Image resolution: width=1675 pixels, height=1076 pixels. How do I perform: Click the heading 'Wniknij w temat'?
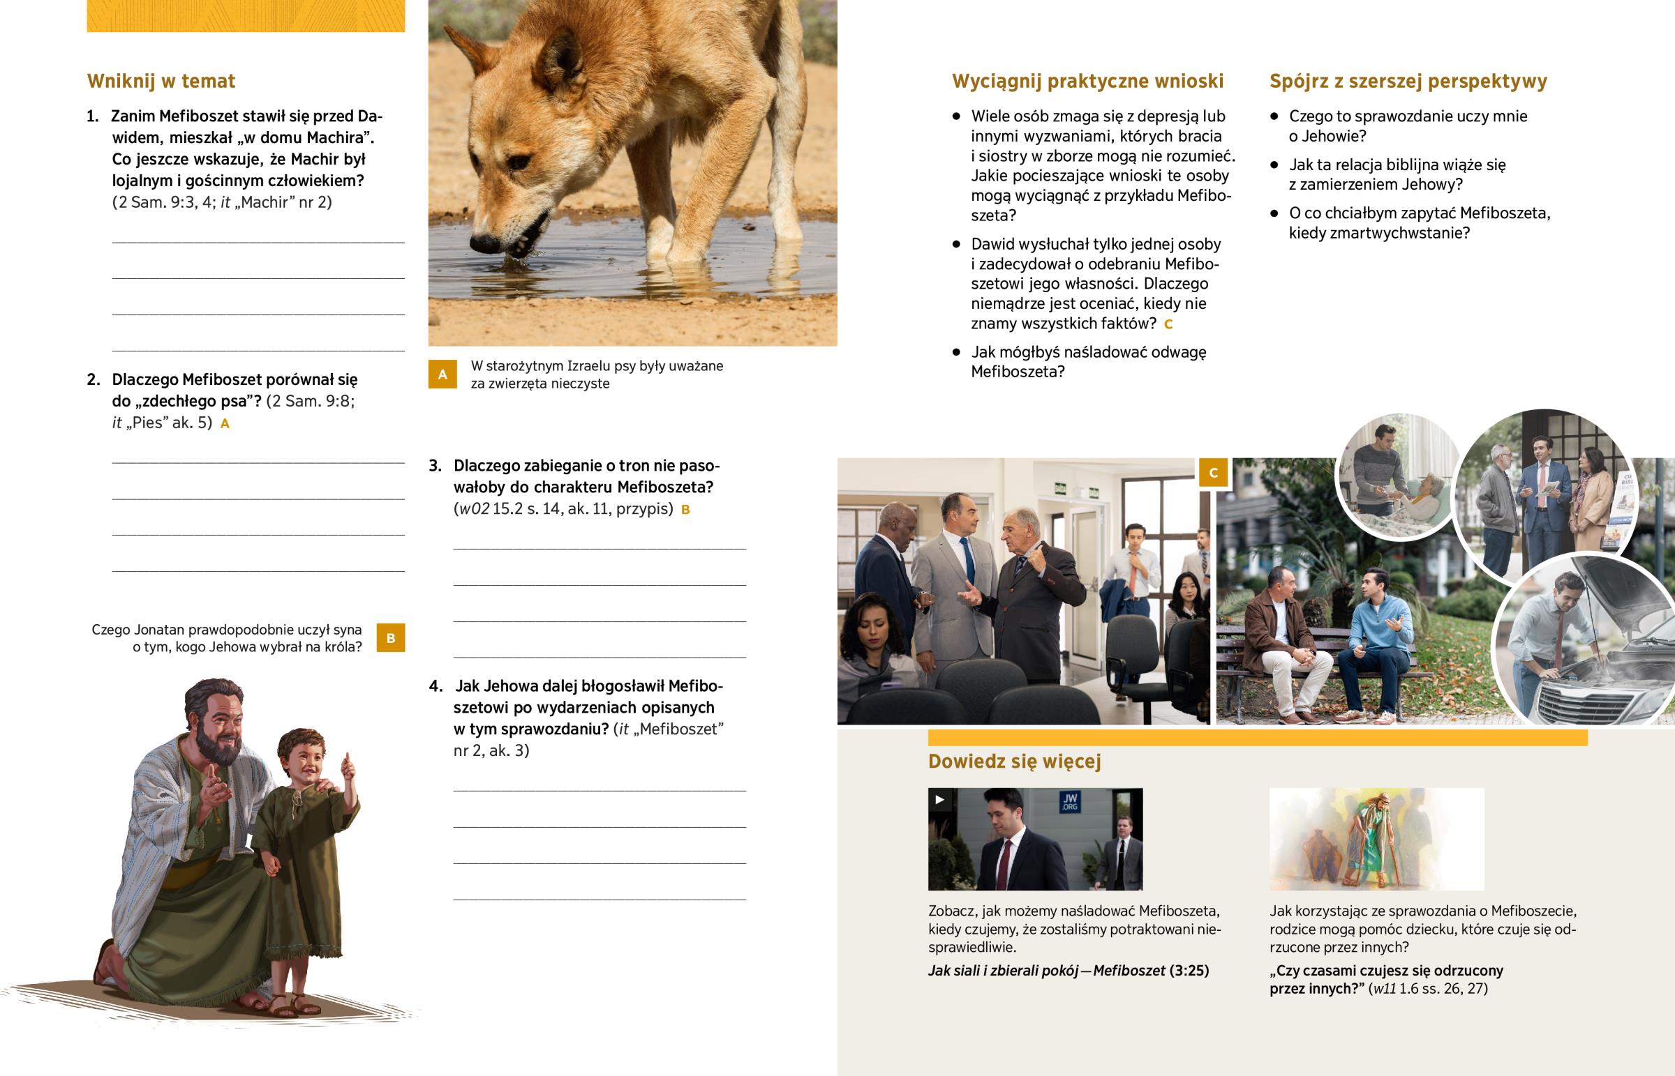point(161,81)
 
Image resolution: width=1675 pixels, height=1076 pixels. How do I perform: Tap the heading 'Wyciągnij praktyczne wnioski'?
point(1087,82)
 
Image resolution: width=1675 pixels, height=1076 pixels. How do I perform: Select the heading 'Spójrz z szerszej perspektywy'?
point(1408,82)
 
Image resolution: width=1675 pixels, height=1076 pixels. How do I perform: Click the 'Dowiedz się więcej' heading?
point(1014,761)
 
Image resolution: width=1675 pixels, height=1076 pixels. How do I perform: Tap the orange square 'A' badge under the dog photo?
point(442,374)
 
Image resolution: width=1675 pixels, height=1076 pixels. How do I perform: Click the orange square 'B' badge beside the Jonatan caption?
point(391,638)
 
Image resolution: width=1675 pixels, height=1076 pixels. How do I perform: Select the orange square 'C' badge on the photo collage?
point(1214,472)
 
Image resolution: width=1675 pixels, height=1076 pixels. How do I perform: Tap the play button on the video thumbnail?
point(939,799)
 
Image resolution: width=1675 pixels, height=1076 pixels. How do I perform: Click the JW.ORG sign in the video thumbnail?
point(1071,802)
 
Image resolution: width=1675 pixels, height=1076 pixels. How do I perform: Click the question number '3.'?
point(435,466)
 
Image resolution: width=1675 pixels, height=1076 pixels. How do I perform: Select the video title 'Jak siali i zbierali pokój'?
point(1003,971)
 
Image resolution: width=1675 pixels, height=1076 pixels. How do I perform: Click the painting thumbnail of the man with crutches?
point(1376,839)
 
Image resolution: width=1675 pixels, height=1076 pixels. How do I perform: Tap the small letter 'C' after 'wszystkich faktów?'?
point(1168,324)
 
